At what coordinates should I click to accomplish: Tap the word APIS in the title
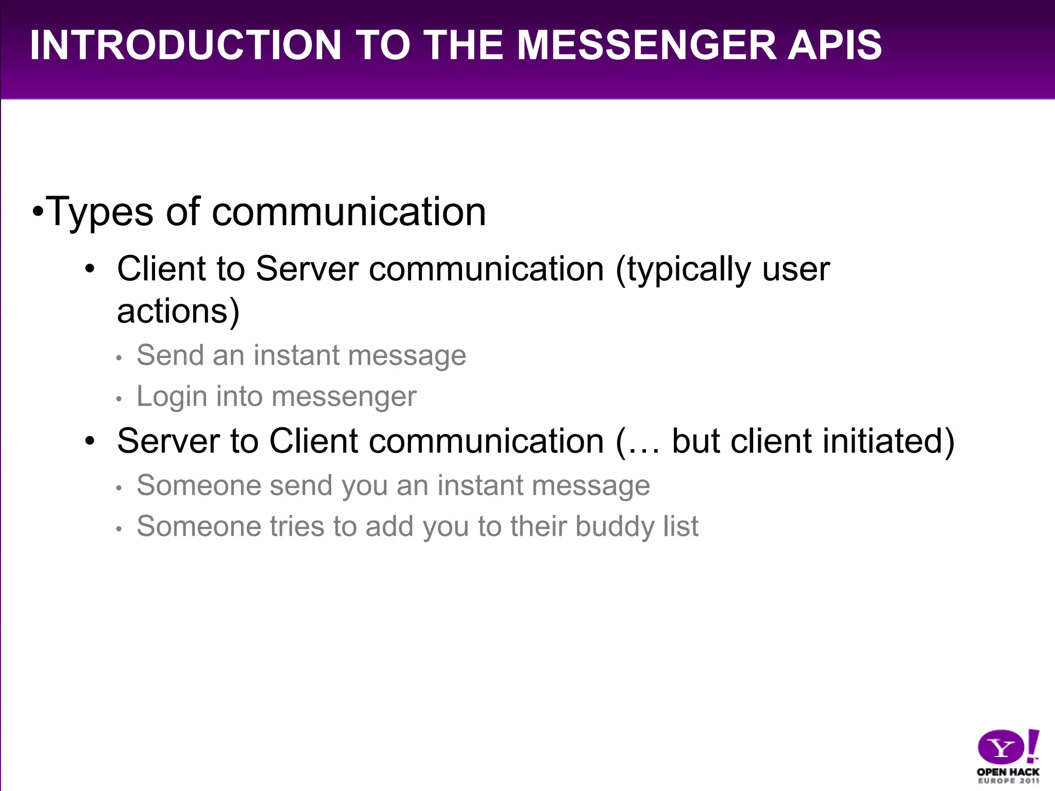point(835,45)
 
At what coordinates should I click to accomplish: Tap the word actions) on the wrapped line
point(178,311)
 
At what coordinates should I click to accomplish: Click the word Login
point(172,397)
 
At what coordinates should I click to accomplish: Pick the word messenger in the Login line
point(344,397)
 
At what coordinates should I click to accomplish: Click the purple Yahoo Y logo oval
point(1001,747)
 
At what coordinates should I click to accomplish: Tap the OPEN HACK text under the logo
point(1008,771)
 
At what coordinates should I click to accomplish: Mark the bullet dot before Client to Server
point(91,270)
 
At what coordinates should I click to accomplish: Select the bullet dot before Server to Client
point(91,442)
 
